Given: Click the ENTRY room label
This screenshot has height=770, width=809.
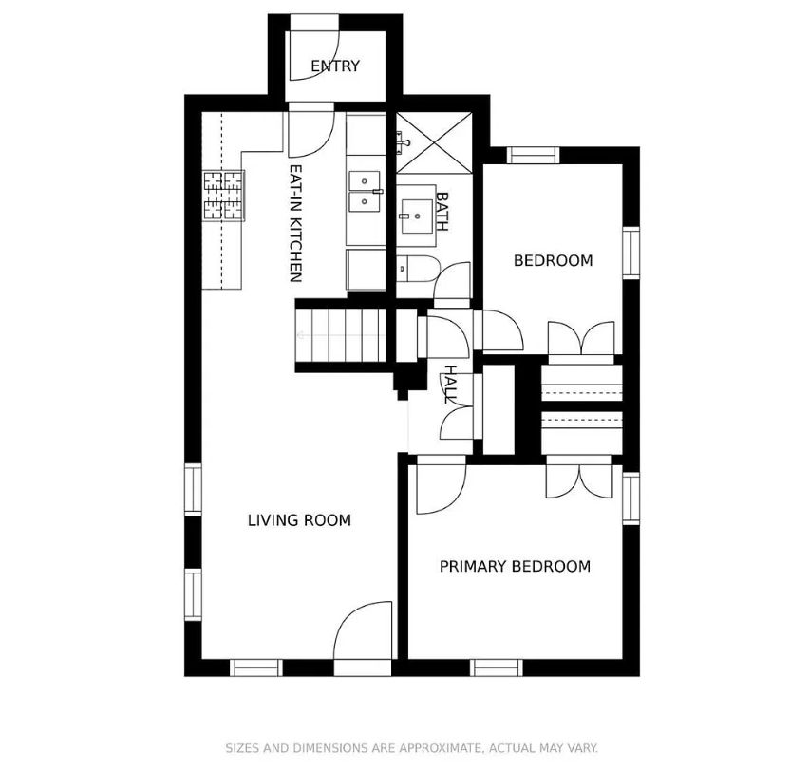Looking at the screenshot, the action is pyautogui.click(x=335, y=66).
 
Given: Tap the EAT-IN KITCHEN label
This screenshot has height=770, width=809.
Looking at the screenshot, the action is pyautogui.click(x=295, y=223).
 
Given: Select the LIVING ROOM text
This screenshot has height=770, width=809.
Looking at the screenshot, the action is pyautogui.click(x=299, y=520).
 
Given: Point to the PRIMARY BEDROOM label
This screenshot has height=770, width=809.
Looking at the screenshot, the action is pyautogui.click(x=515, y=566).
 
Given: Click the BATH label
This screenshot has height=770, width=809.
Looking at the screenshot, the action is pyautogui.click(x=442, y=212).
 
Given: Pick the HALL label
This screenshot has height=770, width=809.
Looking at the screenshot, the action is pyautogui.click(x=450, y=385).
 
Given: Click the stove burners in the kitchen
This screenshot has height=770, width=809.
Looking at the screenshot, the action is pyautogui.click(x=223, y=196).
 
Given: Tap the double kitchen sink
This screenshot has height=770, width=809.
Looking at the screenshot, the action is pyautogui.click(x=366, y=192).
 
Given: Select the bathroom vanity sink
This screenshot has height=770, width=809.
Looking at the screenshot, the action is pyautogui.click(x=418, y=216).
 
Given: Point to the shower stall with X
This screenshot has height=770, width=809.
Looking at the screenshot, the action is pyautogui.click(x=434, y=142).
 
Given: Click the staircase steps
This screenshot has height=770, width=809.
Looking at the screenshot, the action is pyautogui.click(x=341, y=335).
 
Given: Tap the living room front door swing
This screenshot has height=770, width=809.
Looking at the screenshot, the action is pyautogui.click(x=364, y=630).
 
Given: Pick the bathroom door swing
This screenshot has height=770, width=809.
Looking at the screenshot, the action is pyautogui.click(x=453, y=280).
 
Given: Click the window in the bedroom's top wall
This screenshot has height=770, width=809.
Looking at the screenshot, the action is pyautogui.click(x=533, y=156).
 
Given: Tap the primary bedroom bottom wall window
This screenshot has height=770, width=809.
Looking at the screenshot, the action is pyautogui.click(x=497, y=667).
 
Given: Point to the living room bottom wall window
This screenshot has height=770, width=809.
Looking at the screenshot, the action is pyautogui.click(x=256, y=667).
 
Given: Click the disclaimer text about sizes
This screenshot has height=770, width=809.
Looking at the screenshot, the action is pyautogui.click(x=411, y=748).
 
